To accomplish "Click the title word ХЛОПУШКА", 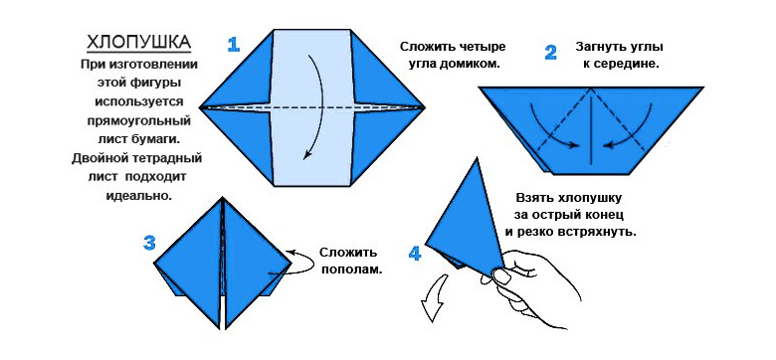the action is (139, 43).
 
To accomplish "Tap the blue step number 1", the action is (233, 45).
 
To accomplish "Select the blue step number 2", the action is (550, 53).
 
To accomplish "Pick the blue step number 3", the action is (149, 243).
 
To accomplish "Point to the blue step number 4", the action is (415, 254).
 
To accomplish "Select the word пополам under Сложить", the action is (352, 270).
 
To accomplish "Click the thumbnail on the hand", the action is (502, 276).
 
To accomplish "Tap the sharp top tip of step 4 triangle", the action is (477, 158).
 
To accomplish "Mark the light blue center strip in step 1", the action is (312, 107).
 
